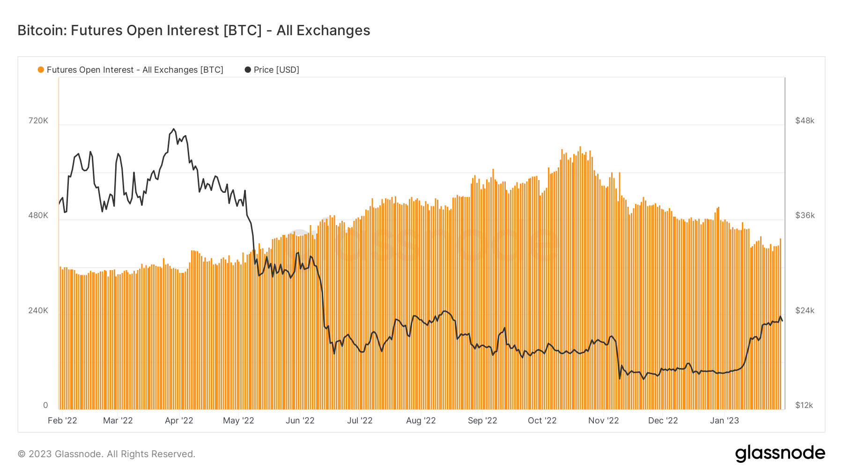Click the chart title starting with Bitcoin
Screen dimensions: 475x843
[193, 30]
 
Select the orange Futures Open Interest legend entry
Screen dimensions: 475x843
[131, 70]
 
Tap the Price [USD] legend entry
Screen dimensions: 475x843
[272, 70]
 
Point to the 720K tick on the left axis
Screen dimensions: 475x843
[38, 121]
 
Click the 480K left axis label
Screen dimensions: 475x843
[38, 215]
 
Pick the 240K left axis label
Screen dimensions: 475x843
[38, 310]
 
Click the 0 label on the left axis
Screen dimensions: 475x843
[45, 405]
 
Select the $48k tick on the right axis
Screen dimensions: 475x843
[805, 121]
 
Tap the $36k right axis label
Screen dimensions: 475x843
[805, 215]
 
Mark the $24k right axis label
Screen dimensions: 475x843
[805, 310]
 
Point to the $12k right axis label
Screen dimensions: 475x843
[804, 405]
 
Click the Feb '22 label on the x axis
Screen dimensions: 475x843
[62, 421]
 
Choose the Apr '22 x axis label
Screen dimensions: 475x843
[179, 421]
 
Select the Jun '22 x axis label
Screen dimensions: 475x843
[300, 421]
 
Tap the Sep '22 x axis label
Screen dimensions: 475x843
[482, 421]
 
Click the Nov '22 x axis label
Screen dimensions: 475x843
[603, 421]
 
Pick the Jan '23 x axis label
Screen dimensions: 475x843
[725, 421]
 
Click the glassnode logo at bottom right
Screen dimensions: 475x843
[780, 453]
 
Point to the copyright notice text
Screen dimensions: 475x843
[106, 454]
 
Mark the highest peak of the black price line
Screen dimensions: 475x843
[174, 129]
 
